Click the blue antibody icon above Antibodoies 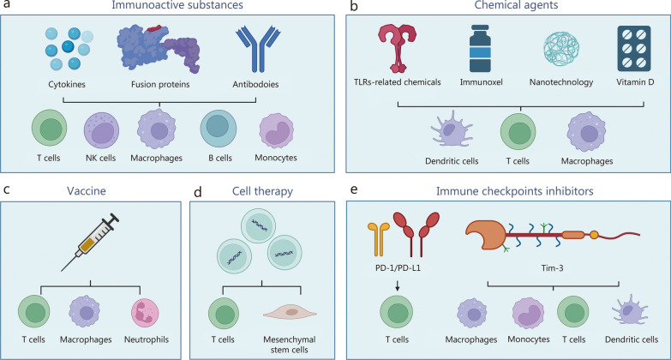click(x=258, y=49)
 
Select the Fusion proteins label click(x=160, y=84)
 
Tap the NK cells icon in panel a click(x=101, y=130)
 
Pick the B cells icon click(x=219, y=129)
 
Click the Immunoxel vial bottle click(x=480, y=48)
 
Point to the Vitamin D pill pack click(x=634, y=48)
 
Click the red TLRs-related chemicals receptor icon click(x=397, y=48)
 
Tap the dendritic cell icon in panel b click(x=452, y=129)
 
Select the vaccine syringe click(x=90, y=242)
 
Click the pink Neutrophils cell click(x=145, y=314)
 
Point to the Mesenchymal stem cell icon click(x=291, y=313)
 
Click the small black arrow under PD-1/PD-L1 click(x=398, y=286)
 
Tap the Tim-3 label click(x=552, y=268)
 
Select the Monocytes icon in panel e click(x=529, y=314)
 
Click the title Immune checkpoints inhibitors click(x=514, y=191)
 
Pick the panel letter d click(x=198, y=192)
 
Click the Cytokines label click(x=67, y=84)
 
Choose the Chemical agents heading click(x=516, y=5)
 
